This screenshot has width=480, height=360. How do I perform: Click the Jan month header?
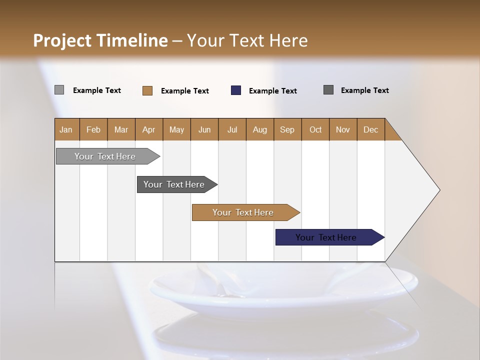point(66,129)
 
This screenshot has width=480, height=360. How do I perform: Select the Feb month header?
point(93,129)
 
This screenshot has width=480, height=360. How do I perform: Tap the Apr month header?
point(148,129)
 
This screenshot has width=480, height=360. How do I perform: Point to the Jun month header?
point(204,129)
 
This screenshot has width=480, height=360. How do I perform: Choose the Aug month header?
point(260,129)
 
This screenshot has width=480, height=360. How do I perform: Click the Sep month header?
point(287,129)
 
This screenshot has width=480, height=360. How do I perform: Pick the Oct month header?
point(315,129)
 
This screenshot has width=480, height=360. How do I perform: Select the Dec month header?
point(371,129)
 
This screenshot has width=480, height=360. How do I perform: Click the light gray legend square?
point(59,90)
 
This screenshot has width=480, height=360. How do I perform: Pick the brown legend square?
point(147,90)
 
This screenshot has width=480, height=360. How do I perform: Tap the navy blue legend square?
point(236,90)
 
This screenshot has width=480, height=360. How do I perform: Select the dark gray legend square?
point(328,90)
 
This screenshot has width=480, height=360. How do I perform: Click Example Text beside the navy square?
point(273,91)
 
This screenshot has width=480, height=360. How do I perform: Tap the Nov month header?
point(343,129)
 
